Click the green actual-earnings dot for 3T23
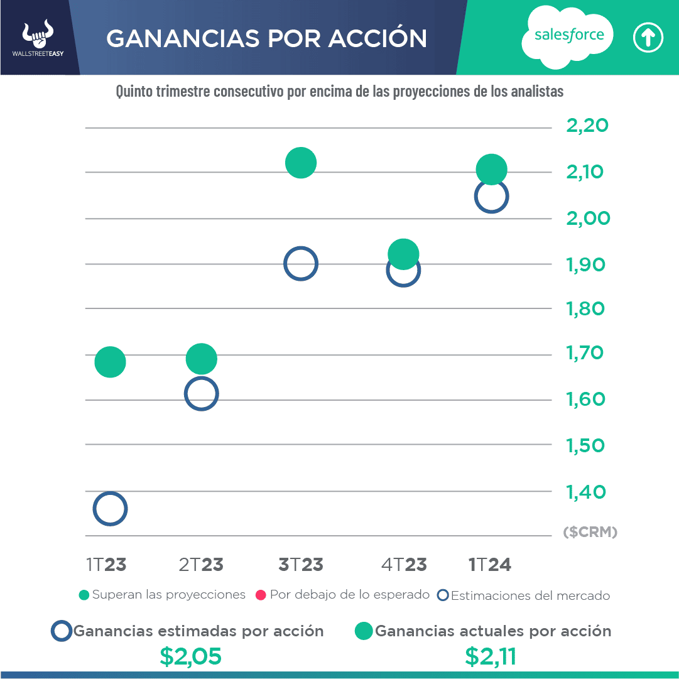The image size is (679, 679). (x=301, y=163)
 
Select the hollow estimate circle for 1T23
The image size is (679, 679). (x=110, y=509)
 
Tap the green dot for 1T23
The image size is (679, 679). (x=111, y=362)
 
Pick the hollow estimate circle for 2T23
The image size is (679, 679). (x=201, y=394)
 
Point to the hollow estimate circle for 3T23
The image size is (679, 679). (x=301, y=264)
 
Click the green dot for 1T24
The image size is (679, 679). (x=492, y=169)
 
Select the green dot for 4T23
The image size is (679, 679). (x=403, y=254)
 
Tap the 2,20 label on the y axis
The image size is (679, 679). (x=587, y=126)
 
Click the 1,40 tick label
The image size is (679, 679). (x=586, y=492)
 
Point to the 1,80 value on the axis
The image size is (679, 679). (x=586, y=309)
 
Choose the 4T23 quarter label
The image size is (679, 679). (x=404, y=565)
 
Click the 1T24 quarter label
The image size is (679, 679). (x=490, y=565)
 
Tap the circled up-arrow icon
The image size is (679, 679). (x=648, y=38)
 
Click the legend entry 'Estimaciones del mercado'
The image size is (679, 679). (x=524, y=595)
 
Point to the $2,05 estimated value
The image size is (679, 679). (x=190, y=656)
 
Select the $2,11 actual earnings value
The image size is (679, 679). (x=491, y=656)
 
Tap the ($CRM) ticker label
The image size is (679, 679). (x=590, y=533)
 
